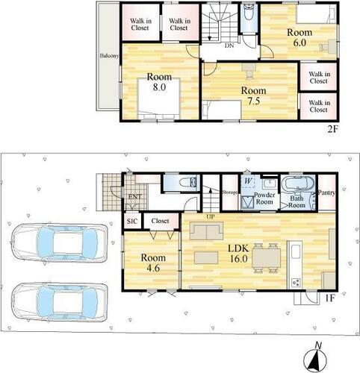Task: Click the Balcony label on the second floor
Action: pyautogui.click(x=109, y=56)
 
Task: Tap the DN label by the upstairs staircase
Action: pyautogui.click(x=229, y=46)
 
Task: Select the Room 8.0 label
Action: pyautogui.click(x=159, y=82)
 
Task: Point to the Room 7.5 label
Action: pyautogui.click(x=253, y=95)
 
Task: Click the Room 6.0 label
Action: pyautogui.click(x=300, y=37)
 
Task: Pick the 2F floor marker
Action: pyautogui.click(x=332, y=130)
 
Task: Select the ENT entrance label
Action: pyautogui.click(x=134, y=197)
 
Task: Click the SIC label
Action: pyautogui.click(x=132, y=221)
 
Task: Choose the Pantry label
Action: pyautogui.click(x=326, y=192)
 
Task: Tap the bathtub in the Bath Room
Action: pyautogui.click(x=297, y=184)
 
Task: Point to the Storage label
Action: pyautogui.click(x=230, y=192)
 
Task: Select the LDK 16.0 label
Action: pyautogui.click(x=238, y=254)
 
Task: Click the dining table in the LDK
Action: pyautogui.click(x=267, y=258)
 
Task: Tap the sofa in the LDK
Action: pyautogui.click(x=206, y=231)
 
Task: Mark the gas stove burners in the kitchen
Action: pyautogui.click(x=296, y=282)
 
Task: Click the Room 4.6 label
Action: pyautogui.click(x=153, y=263)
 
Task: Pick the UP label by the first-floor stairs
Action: pyautogui.click(x=211, y=217)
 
